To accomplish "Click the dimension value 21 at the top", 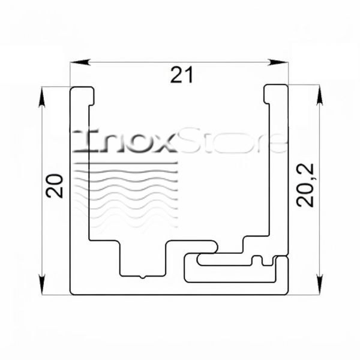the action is pos(182,74).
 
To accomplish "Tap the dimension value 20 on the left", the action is pos(54,186).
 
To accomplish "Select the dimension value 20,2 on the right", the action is pos(305,185).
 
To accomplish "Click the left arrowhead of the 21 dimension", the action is pos(79,62).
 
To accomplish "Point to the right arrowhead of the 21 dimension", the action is pos(278,62).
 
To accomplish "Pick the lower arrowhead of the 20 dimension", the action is pos(41,284).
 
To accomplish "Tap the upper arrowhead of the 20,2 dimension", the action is pos(320,95).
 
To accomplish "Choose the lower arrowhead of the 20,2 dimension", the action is pos(320,284).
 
